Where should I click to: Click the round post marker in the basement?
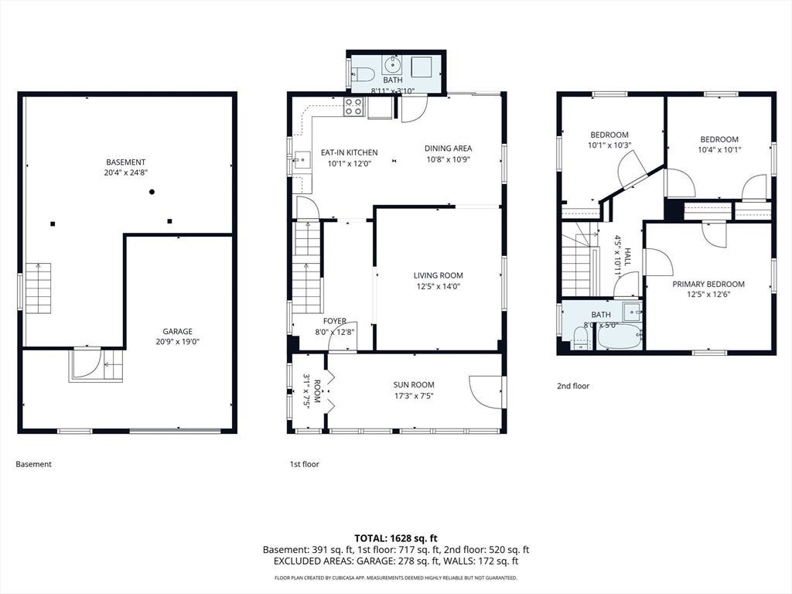point(152,192)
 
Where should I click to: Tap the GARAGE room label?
point(177,331)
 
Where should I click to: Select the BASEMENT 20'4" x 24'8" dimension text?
point(126,172)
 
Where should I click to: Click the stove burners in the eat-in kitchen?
point(353,107)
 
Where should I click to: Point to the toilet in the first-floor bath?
point(362,75)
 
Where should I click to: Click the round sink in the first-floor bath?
point(391,65)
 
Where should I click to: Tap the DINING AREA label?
point(448,148)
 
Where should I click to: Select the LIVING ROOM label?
point(438,275)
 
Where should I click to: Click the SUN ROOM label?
point(414,385)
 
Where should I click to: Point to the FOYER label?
point(335,321)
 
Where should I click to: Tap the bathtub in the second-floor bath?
point(620,338)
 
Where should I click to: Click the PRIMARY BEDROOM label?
point(708,284)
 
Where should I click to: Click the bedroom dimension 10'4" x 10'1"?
point(719,149)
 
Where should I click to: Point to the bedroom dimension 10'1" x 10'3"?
point(609,145)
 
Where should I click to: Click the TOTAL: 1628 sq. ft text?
point(396,538)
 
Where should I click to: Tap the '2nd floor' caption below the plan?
point(573,386)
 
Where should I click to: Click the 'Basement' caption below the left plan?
point(33,464)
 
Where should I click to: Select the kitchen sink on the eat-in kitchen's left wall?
point(302,160)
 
